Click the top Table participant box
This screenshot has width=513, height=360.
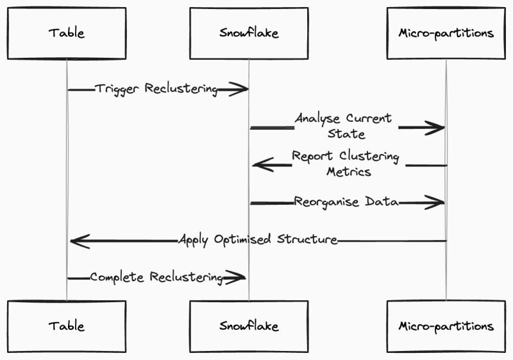(x=67, y=33)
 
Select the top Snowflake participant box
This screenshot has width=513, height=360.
(x=249, y=33)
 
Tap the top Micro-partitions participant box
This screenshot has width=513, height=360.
(x=446, y=33)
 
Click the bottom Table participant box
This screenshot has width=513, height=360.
(x=67, y=326)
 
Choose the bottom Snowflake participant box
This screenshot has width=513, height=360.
(x=249, y=326)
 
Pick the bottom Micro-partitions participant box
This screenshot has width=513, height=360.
(x=446, y=326)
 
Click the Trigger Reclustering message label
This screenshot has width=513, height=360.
(x=156, y=89)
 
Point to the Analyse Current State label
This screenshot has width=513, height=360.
(x=344, y=126)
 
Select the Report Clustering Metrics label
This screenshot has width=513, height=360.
(x=346, y=164)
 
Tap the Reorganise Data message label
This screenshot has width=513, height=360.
(x=346, y=202)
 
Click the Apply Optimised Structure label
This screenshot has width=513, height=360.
(x=257, y=240)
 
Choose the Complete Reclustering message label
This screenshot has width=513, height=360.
(x=156, y=277)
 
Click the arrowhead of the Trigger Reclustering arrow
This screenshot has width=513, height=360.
(x=242, y=90)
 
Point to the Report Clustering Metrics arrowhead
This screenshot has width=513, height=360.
(x=258, y=166)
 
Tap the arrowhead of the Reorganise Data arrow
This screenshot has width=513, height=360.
(x=439, y=203)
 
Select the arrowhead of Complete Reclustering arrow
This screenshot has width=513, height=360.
(x=240, y=277)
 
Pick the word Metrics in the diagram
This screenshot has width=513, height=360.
(x=348, y=172)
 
